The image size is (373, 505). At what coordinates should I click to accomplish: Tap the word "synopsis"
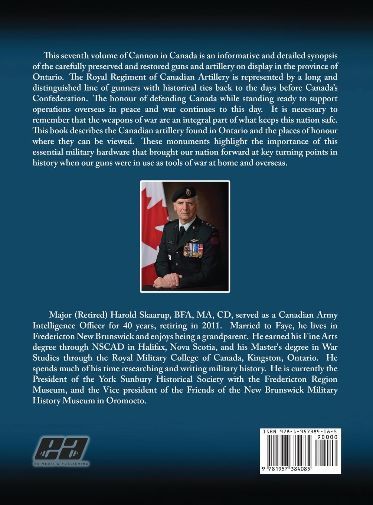pyautogui.click(x=320, y=56)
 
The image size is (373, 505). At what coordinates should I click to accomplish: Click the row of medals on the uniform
pyautogui.click(x=193, y=250)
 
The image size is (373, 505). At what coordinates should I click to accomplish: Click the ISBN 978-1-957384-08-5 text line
pyautogui.click(x=300, y=432)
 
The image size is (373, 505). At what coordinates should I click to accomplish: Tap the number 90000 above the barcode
pyautogui.click(x=327, y=437)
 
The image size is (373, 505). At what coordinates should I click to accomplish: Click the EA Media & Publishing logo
pyautogui.click(x=62, y=451)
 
